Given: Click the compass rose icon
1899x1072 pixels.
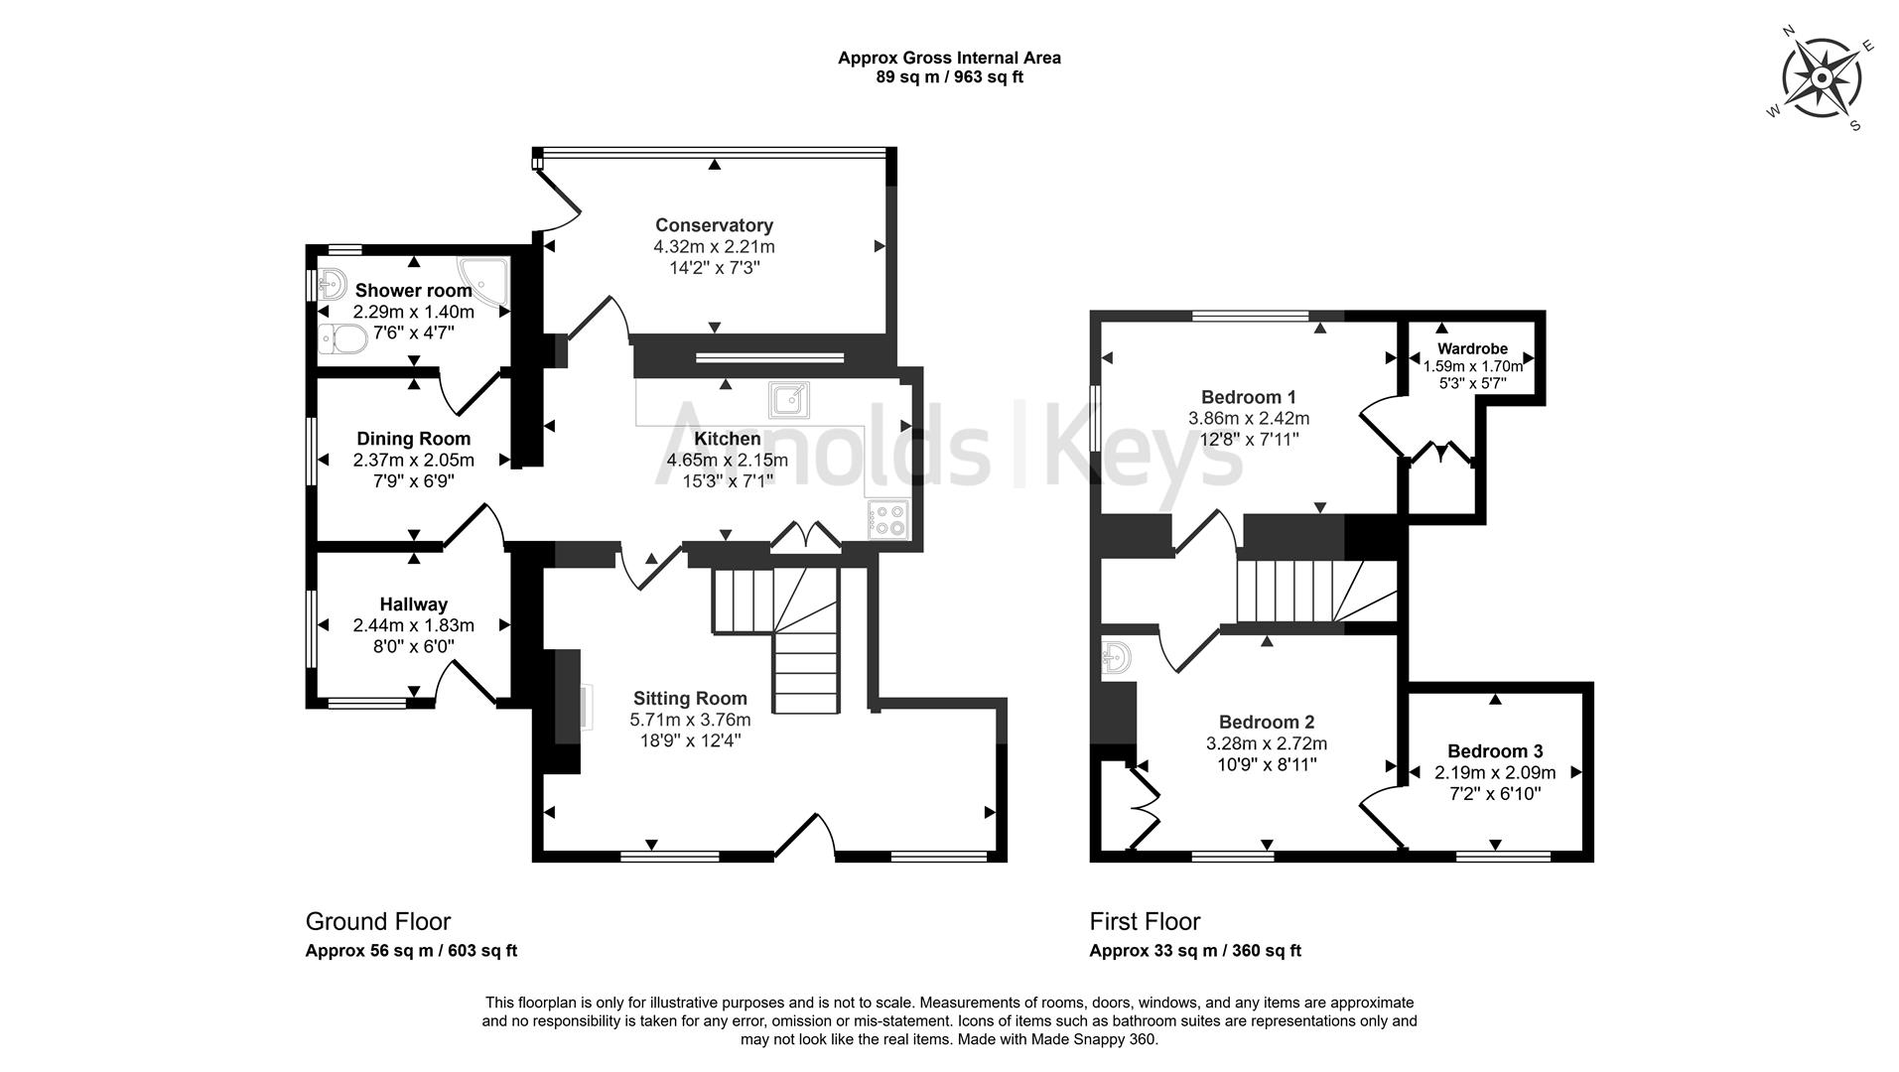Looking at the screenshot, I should tap(1821, 79).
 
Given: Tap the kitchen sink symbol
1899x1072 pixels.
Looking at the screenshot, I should tap(788, 400).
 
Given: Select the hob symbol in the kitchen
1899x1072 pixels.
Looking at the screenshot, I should tap(887, 520).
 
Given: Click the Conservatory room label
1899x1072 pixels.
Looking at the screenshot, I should tap(714, 225).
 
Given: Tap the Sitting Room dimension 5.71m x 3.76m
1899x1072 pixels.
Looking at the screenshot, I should tap(690, 720).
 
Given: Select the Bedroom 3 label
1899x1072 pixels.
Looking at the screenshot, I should tap(1495, 751).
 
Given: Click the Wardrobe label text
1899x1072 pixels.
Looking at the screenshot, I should tap(1472, 348).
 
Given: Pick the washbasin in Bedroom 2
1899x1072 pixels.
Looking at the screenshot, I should tap(1117, 658).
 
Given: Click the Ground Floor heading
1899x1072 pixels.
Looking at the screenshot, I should tap(377, 922).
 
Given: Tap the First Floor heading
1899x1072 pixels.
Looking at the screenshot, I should tap(1145, 922).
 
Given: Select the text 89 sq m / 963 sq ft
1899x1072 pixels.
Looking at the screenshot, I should tap(949, 77).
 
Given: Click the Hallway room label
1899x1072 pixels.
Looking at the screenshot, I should tap(413, 604).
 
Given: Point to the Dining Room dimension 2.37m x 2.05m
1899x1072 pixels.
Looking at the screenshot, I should tap(413, 461).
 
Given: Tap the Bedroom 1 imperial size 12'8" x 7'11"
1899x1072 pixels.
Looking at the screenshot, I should tap(1249, 440).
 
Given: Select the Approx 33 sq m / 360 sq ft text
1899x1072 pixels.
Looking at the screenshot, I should tap(1195, 951).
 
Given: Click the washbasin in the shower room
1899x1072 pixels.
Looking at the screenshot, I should tap(332, 285).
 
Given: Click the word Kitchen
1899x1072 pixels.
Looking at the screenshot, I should tap(727, 439).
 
